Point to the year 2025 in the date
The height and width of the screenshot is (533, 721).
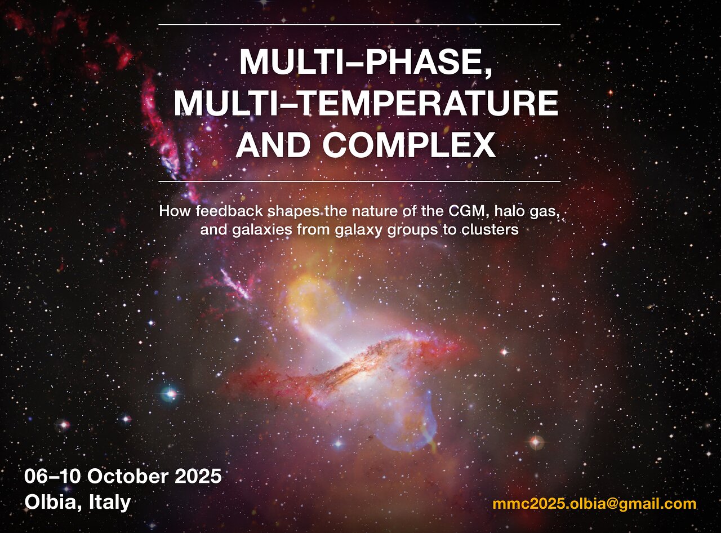click(198, 477)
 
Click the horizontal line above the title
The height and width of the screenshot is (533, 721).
click(359, 24)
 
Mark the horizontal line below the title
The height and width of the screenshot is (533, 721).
click(359, 181)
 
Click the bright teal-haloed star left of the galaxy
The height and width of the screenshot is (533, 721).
click(170, 394)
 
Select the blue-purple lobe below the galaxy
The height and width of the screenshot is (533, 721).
click(410, 429)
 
